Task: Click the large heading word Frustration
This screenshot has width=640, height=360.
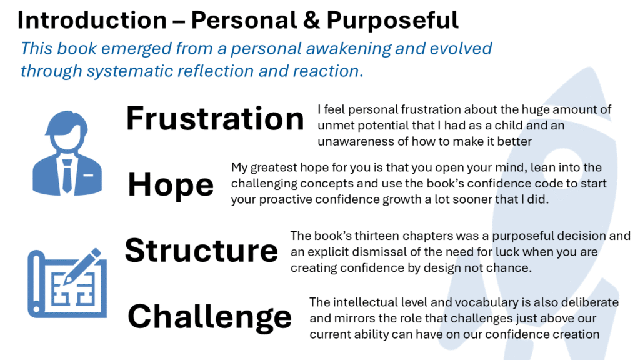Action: [x=215, y=118]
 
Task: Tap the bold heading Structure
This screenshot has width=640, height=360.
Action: [x=201, y=250]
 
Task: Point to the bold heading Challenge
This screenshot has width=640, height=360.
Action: [x=209, y=317]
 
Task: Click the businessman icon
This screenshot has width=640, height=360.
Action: [x=67, y=152]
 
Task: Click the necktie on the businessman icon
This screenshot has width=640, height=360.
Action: [x=67, y=176]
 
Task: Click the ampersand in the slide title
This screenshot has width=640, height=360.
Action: [x=311, y=21]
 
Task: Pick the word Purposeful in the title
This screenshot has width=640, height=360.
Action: [x=392, y=21]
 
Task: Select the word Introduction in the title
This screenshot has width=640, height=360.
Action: [x=92, y=21]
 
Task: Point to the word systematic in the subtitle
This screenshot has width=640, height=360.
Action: [x=129, y=71]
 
